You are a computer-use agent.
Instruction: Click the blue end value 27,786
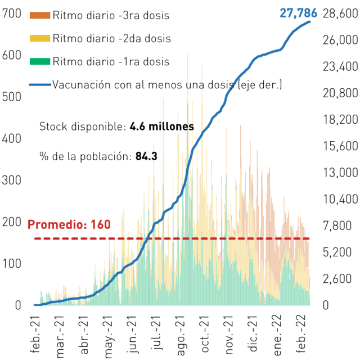[298, 13]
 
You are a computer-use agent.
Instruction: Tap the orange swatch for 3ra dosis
[40, 15]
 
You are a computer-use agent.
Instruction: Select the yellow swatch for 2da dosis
[40, 38]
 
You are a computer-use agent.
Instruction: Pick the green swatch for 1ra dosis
[40, 61]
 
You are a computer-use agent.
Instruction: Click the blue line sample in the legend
[40, 85]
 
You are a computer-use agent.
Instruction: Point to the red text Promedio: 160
[69, 224]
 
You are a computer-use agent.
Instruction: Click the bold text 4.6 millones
[161, 127]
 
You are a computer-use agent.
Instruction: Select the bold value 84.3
[146, 156]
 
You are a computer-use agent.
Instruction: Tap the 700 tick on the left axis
[11, 13]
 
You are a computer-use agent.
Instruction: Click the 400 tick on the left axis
[11, 138]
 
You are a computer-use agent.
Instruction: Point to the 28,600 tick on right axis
[340, 13]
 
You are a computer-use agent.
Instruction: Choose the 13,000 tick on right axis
[340, 173]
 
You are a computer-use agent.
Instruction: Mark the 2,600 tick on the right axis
[337, 278]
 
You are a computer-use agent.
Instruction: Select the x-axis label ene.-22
[277, 335]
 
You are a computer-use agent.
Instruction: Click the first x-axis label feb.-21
[35, 335]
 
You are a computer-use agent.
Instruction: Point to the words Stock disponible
[83, 127]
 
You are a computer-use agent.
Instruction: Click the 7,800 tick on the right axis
[337, 225]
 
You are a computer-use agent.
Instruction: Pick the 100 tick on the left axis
[11, 264]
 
